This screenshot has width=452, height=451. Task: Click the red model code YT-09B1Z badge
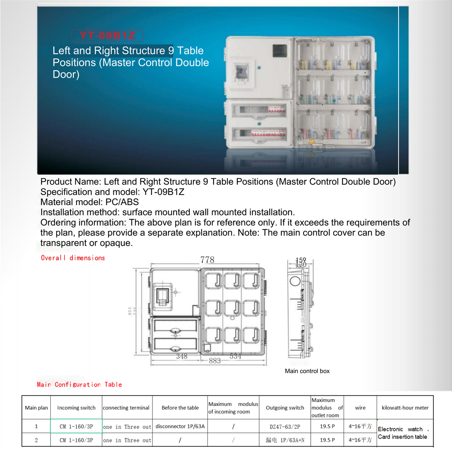click(x=107, y=36)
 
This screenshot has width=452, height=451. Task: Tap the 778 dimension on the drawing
click(x=207, y=260)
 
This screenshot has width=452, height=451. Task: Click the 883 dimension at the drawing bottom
click(x=215, y=361)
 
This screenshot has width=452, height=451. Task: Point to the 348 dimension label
click(x=182, y=356)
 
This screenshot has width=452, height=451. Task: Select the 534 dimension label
click(x=235, y=356)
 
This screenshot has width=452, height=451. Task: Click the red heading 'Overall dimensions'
click(x=73, y=258)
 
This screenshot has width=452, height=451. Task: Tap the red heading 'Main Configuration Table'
click(x=79, y=384)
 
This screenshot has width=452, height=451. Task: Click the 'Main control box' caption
click(x=307, y=371)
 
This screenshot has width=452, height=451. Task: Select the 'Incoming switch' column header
click(x=76, y=408)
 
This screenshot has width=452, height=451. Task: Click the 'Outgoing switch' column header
click(x=285, y=408)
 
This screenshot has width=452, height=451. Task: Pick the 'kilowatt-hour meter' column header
click(x=405, y=408)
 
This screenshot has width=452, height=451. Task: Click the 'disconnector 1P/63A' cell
click(x=180, y=427)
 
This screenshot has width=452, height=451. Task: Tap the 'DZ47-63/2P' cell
click(x=285, y=427)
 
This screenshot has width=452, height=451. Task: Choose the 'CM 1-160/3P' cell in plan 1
click(x=76, y=427)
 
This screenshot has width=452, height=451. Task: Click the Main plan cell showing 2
click(x=36, y=440)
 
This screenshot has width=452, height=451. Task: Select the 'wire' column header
click(x=360, y=408)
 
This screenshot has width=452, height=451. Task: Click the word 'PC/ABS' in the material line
click(x=122, y=202)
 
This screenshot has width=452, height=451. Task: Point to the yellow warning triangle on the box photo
click(x=312, y=141)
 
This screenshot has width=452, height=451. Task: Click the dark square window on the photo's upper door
click(x=279, y=51)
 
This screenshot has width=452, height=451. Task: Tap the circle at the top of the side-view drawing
click(x=295, y=281)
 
